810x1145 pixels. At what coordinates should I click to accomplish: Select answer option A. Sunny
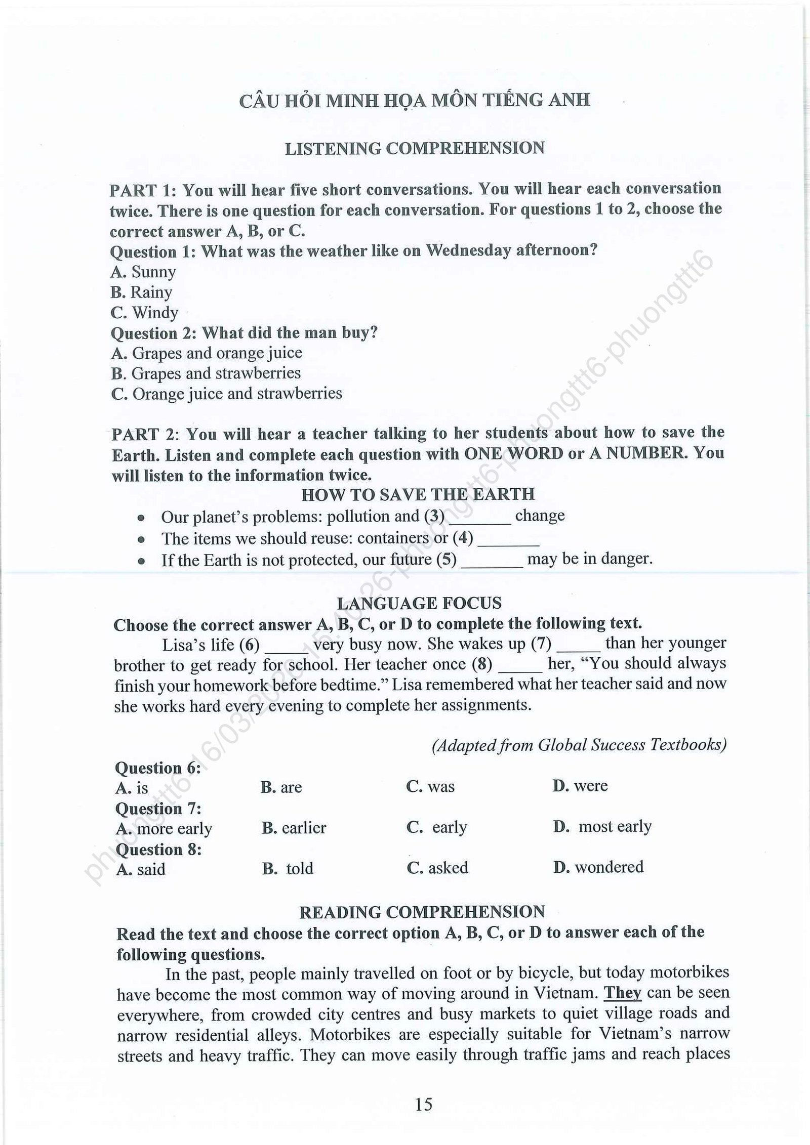click(143, 272)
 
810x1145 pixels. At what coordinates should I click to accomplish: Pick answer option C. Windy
click(144, 313)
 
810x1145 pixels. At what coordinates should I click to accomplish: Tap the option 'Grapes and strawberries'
click(206, 373)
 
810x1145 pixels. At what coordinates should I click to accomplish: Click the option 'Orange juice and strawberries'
click(227, 394)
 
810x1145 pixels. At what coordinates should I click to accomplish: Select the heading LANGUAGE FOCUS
click(419, 603)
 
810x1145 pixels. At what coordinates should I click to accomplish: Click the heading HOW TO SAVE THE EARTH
click(418, 494)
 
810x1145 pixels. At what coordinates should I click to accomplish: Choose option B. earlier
click(294, 828)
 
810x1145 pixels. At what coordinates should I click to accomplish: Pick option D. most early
click(602, 827)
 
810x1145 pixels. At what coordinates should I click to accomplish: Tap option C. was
click(430, 787)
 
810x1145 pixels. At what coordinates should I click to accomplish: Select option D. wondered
click(598, 867)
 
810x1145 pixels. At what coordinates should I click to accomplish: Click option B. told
click(288, 868)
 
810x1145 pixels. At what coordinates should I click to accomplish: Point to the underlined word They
click(623, 993)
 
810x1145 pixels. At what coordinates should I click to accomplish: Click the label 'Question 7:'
click(158, 808)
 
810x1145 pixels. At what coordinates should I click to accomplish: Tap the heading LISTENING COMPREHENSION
click(415, 148)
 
